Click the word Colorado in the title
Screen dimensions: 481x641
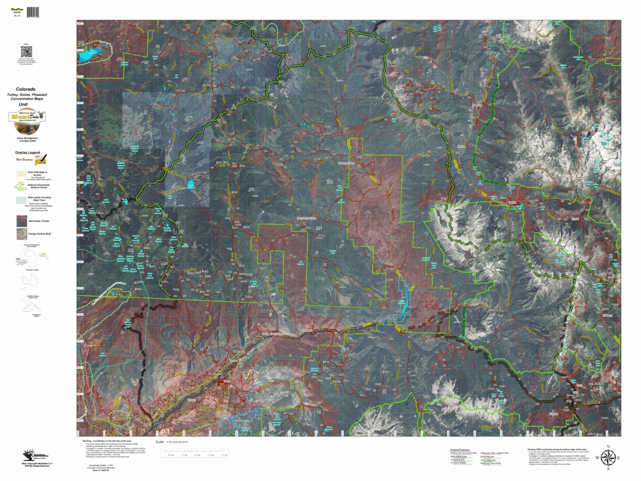[x=26, y=90]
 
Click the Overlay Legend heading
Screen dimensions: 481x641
[x=27, y=152]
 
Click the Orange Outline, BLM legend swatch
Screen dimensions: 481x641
[x=22, y=234]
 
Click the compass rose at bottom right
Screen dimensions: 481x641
[x=607, y=457]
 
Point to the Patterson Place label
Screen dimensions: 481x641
[x=345, y=163]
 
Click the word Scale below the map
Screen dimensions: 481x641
[x=160, y=442]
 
